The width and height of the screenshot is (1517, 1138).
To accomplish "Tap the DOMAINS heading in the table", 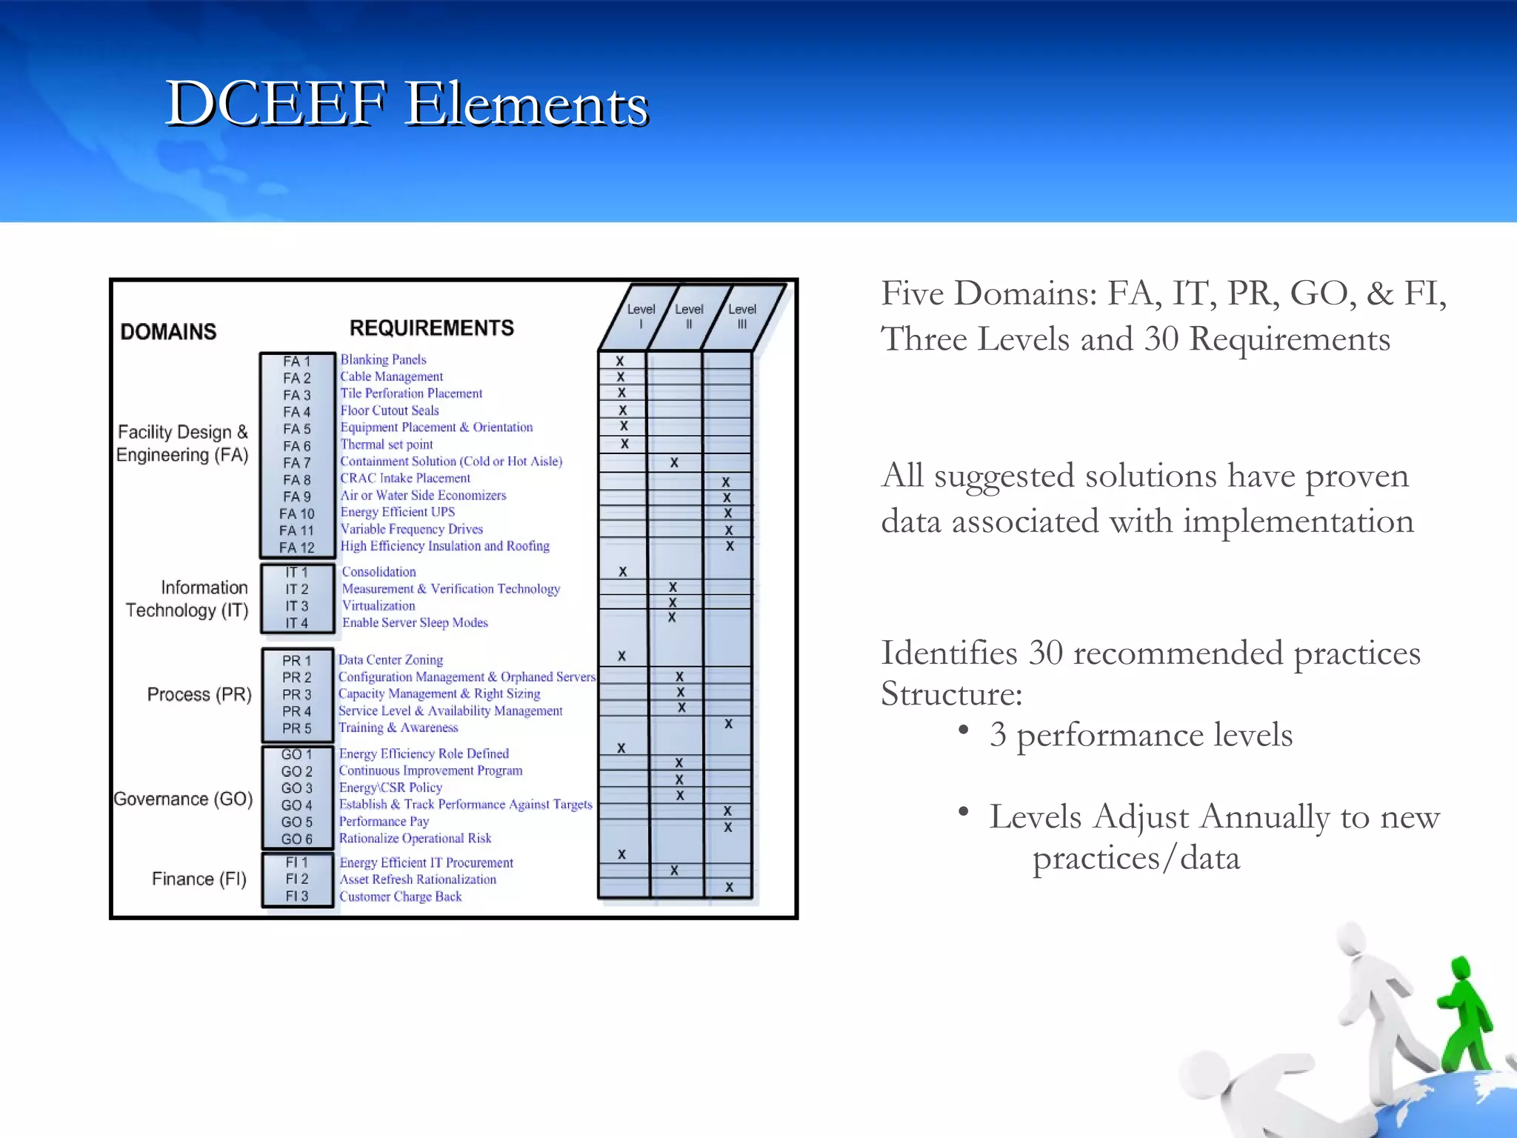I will (168, 331).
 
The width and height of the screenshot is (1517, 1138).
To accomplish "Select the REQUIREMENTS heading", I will (431, 327).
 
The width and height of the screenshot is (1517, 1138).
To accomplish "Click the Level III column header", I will (741, 316).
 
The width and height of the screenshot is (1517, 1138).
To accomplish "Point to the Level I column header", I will (641, 316).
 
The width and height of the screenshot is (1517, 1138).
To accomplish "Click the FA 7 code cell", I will (297, 463).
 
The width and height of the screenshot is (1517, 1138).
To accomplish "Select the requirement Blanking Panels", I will (383, 359).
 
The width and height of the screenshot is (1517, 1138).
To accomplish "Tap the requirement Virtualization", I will (379, 605).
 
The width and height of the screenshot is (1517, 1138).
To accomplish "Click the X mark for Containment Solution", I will (674, 462).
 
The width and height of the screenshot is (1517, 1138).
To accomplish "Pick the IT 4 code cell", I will (297, 623).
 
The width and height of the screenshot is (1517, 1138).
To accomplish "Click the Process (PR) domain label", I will (199, 694).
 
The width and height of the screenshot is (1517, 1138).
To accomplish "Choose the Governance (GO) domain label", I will (183, 799).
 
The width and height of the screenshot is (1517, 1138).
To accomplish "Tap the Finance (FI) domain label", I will (199, 879).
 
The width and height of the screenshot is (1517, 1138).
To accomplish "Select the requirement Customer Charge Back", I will (400, 896).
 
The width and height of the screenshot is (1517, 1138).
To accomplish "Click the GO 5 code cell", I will (297, 822).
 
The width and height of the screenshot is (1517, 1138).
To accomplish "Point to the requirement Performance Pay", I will (384, 821).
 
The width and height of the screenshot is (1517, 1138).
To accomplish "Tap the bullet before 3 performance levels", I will (963, 731).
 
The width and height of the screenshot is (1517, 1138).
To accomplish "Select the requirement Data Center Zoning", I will (390, 659).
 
